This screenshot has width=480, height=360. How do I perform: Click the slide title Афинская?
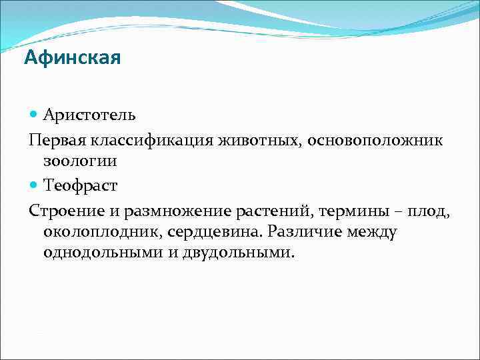(72, 58)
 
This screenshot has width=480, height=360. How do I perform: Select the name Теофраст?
(81, 183)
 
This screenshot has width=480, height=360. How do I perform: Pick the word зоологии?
(80, 161)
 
